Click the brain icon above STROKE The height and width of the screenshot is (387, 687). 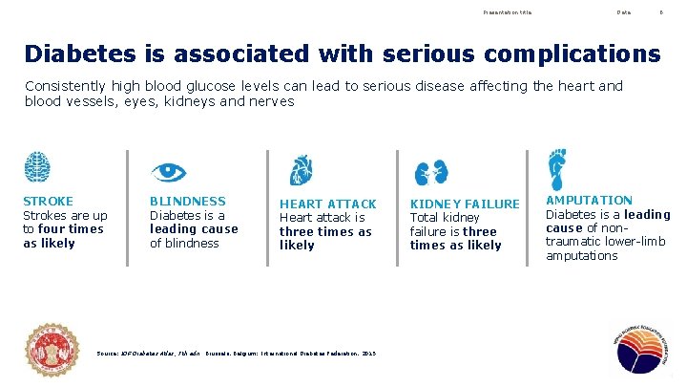(37, 167)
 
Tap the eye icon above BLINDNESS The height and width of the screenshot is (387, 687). (168, 172)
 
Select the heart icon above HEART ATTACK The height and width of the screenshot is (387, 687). (301, 170)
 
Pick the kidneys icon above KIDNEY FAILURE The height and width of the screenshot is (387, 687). (430, 172)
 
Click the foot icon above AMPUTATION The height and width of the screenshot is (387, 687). (556, 168)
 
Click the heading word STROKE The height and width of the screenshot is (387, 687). (48, 201)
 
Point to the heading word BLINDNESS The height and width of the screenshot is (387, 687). (188, 201)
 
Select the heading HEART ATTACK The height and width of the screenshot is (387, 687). (327, 204)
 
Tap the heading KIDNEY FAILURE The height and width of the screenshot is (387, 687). (465, 204)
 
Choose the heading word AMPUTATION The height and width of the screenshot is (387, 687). (589, 200)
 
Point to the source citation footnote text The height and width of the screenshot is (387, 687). (237, 354)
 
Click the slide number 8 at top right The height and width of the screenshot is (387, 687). (661, 12)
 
